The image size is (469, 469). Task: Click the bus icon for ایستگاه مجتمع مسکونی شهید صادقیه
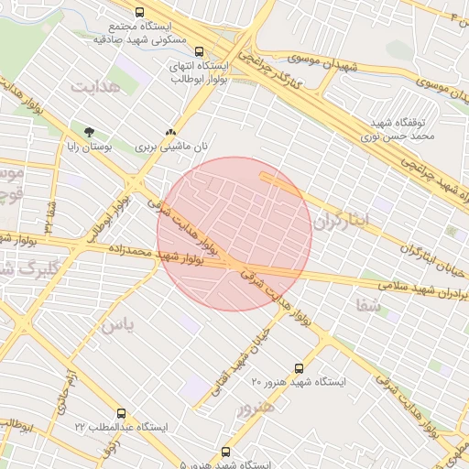(138, 13)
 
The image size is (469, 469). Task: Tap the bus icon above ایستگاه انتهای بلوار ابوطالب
(200, 51)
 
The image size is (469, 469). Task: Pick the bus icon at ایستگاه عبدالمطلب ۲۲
(123, 413)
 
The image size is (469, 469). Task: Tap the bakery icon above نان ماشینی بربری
(170, 132)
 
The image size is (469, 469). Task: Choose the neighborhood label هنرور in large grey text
(256, 406)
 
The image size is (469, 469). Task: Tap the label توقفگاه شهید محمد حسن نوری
(401, 128)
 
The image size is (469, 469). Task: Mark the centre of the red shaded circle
(234, 234)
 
